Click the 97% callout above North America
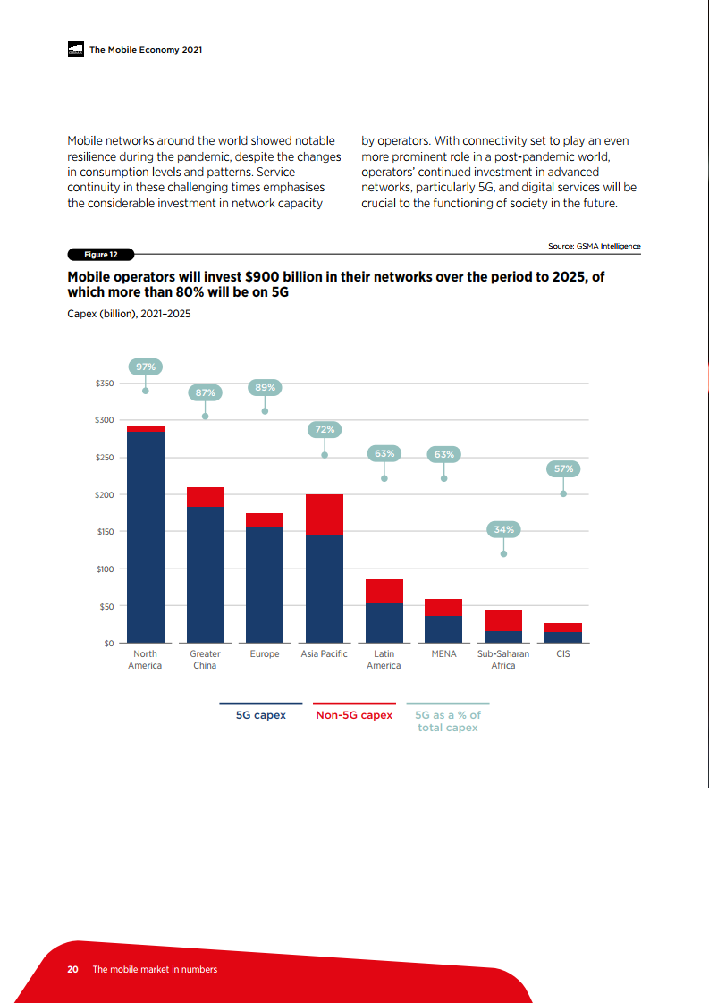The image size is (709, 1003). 145,367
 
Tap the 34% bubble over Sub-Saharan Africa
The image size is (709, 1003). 503,529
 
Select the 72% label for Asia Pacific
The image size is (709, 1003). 325,429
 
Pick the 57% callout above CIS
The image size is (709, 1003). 563,468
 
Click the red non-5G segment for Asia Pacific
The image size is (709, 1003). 325,515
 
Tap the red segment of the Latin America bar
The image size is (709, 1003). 384,591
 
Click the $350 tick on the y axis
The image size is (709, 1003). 104,383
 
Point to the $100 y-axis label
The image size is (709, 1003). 104,569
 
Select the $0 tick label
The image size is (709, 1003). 108,644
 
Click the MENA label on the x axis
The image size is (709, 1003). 444,654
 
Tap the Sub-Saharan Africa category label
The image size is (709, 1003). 503,660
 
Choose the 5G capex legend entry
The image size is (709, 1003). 260,715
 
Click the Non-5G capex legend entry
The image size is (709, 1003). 354,715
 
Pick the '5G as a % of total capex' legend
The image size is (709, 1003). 448,721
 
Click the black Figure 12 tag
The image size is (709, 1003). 95,254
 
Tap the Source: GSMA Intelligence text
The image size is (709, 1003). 594,246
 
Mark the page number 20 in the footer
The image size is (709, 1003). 73,969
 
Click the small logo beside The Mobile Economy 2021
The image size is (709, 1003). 75,50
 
